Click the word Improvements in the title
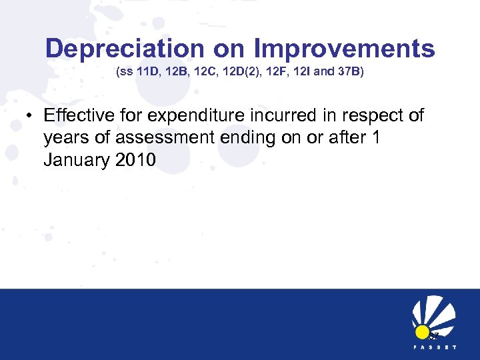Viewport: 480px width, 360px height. pos(345,48)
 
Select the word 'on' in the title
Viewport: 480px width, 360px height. pos(226,48)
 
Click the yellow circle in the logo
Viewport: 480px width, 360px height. pos(422,331)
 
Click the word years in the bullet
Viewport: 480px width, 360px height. pos(67,139)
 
